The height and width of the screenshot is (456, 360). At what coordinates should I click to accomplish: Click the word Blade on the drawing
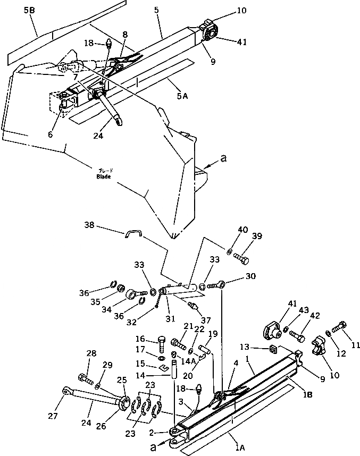[x=103, y=176]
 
